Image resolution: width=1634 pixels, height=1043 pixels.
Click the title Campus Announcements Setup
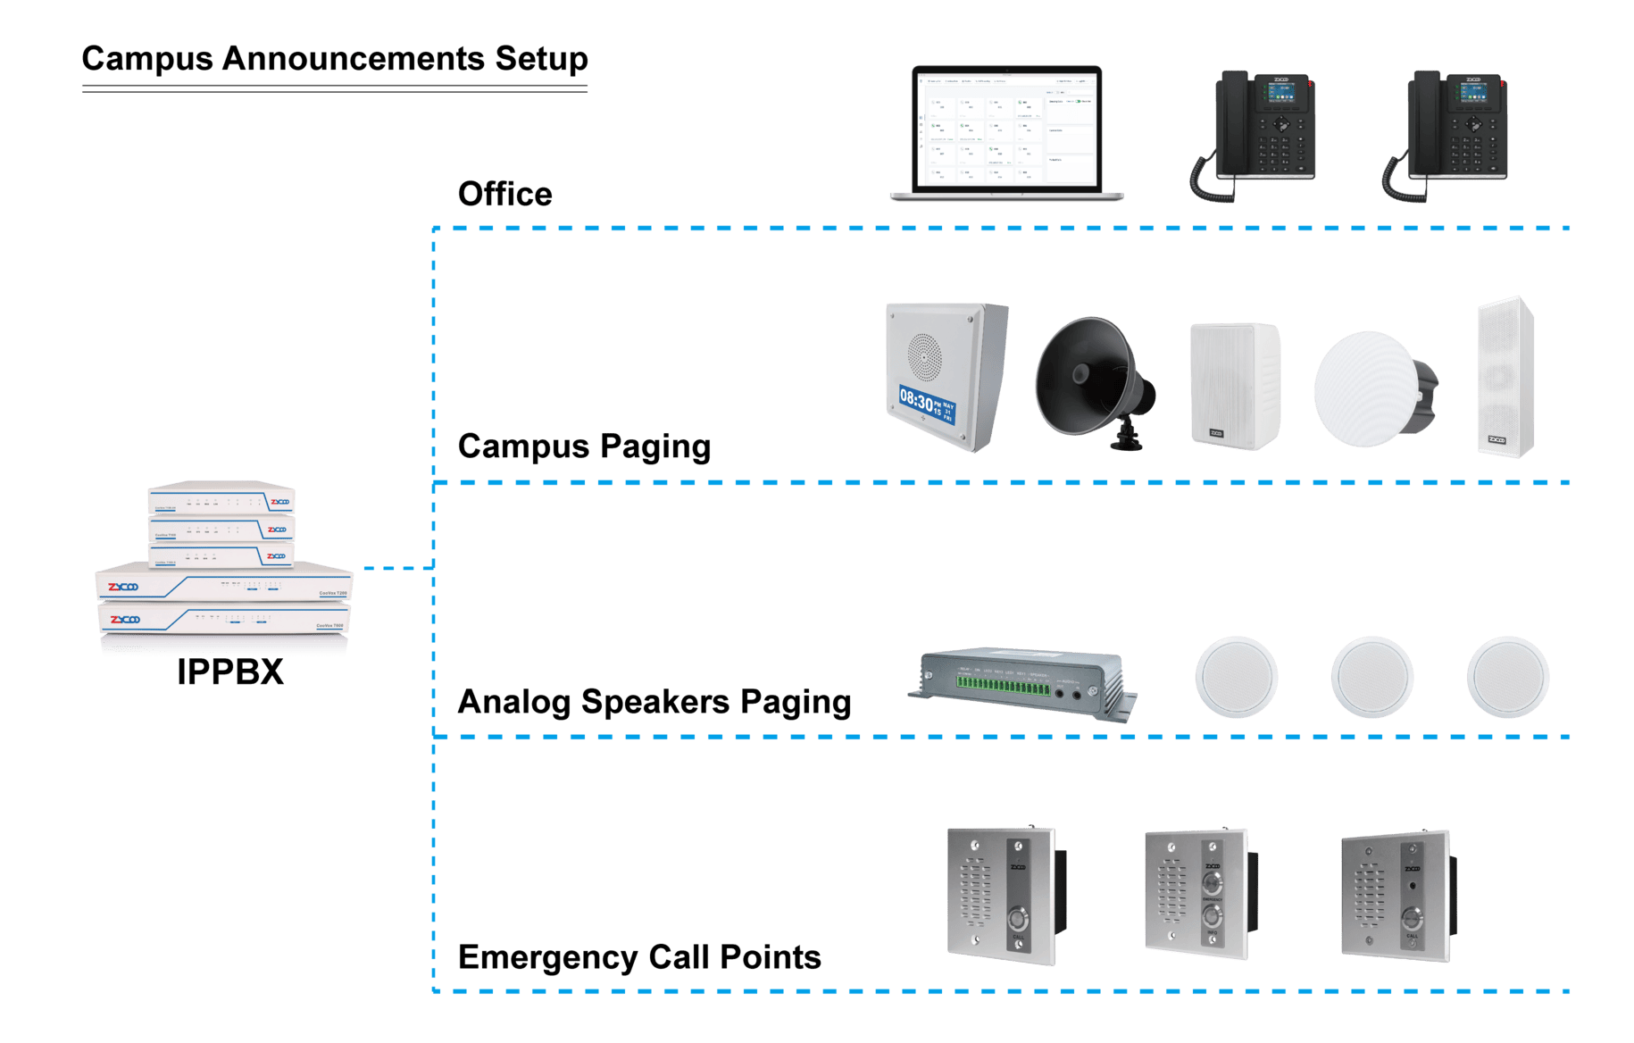click(335, 59)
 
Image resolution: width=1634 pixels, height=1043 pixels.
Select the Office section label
click(504, 194)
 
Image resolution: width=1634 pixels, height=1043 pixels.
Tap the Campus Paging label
click(584, 446)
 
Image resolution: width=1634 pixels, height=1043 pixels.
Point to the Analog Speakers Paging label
click(654, 702)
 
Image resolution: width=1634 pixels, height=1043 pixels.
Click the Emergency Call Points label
click(638, 957)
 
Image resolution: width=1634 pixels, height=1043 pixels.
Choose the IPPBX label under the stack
click(230, 672)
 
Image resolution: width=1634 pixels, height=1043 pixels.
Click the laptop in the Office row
click(1007, 132)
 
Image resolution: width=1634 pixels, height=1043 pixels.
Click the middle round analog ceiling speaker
click(1371, 677)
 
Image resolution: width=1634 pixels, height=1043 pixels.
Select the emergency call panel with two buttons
click(1196, 893)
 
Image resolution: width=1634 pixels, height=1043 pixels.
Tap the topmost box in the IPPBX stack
click(221, 497)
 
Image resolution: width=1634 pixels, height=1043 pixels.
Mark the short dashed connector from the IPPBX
click(397, 567)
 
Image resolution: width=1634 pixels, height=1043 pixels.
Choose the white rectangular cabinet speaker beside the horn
click(1234, 385)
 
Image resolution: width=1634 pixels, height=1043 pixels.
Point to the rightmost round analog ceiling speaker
click(1507, 677)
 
